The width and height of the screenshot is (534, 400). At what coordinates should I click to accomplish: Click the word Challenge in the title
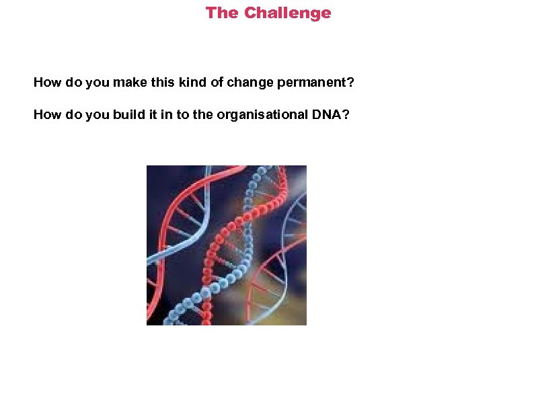pos(287,13)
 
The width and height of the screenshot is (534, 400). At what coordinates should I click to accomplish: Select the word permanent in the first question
pos(312,83)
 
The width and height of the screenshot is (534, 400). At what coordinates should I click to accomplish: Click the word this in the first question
pos(165,83)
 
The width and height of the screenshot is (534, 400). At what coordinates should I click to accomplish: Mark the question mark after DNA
pos(346,115)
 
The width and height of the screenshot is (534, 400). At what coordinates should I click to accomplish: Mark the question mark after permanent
pos(350,83)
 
